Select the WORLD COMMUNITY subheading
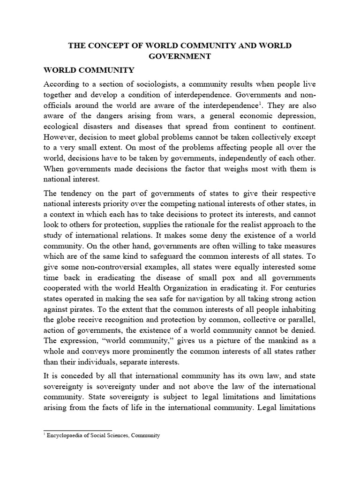pyautogui.click(x=89, y=70)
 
